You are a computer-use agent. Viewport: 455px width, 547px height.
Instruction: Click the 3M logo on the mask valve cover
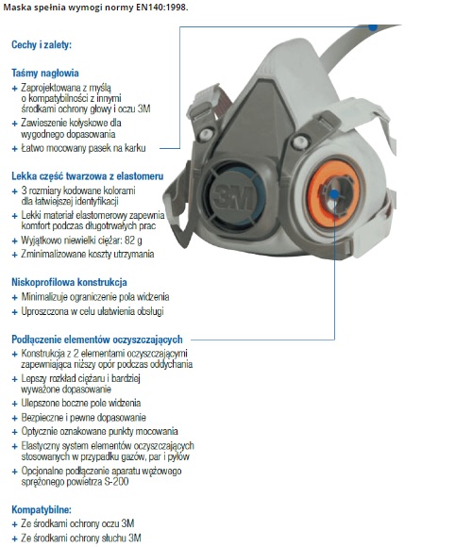click(x=233, y=197)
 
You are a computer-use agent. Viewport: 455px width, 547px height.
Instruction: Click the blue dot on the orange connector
click(x=334, y=194)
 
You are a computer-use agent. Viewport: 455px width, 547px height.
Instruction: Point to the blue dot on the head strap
click(x=373, y=26)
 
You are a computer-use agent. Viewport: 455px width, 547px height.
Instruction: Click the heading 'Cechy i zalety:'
click(x=42, y=44)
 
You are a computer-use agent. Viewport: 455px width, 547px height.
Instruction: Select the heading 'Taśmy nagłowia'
click(x=45, y=73)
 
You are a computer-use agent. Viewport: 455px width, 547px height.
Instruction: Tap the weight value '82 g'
click(x=133, y=240)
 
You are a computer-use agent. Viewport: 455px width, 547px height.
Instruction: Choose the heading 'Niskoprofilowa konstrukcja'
click(x=69, y=282)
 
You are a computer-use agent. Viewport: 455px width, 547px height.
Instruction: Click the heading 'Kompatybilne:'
click(x=42, y=509)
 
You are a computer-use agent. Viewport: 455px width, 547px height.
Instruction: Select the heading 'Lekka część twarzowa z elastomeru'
click(x=87, y=175)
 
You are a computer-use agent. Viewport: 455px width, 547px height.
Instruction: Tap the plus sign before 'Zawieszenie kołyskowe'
click(x=15, y=124)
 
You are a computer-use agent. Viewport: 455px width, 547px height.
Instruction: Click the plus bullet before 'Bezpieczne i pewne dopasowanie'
click(x=15, y=418)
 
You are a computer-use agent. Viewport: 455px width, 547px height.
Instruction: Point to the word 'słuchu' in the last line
click(x=106, y=538)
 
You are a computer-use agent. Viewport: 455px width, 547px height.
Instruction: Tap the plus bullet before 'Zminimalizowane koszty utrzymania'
click(x=15, y=255)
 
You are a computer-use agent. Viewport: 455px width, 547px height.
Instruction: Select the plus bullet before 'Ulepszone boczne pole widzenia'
click(x=15, y=404)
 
